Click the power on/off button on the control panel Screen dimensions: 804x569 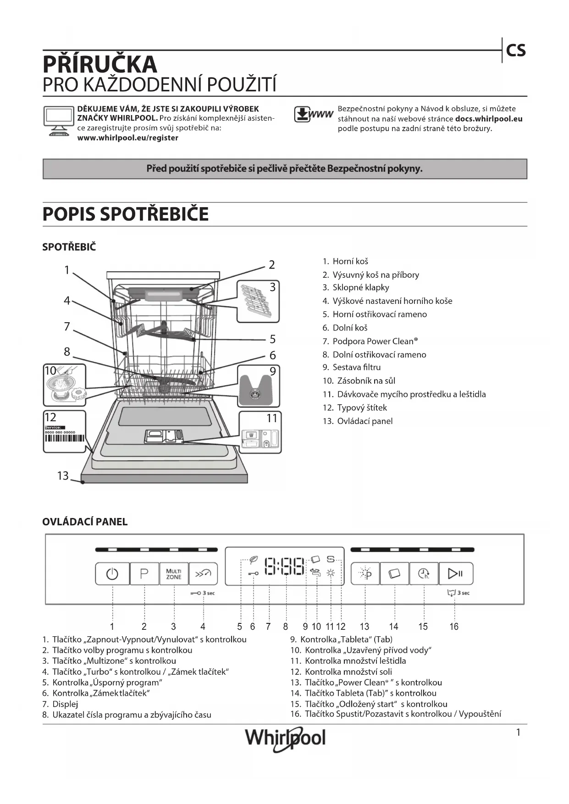(112, 573)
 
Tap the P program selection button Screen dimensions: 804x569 (144, 573)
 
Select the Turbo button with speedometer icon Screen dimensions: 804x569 (203, 573)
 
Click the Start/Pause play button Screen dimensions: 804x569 (455, 573)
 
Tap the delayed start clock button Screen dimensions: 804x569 (424, 573)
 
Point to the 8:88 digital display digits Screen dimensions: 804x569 (285, 567)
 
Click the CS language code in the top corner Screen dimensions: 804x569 (516, 50)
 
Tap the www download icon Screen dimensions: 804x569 (313, 114)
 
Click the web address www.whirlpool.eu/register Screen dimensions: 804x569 (127, 138)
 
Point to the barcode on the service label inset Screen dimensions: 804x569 (65, 438)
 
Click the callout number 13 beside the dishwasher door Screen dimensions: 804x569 (63, 476)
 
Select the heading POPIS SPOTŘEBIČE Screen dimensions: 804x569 (125, 214)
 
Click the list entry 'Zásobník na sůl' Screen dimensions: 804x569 (366, 381)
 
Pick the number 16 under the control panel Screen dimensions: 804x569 (453, 627)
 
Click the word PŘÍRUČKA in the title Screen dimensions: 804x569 (100, 64)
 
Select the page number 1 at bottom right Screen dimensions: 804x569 (518, 732)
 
